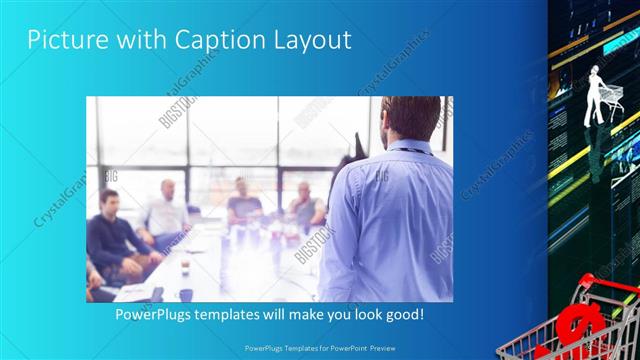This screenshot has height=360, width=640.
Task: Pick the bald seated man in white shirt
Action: pos(165,210)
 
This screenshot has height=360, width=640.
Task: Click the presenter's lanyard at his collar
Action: pos(410,151)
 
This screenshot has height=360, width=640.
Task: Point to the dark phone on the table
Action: pos(156,292)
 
